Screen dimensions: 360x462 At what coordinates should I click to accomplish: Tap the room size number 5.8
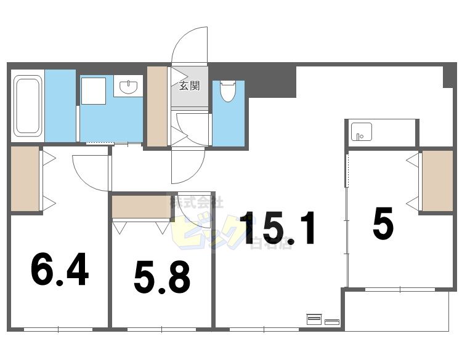pyautogui.click(x=162, y=278)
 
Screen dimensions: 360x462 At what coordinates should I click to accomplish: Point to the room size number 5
pyautogui.click(x=383, y=225)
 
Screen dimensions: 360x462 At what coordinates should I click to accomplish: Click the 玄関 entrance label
pyautogui.click(x=189, y=86)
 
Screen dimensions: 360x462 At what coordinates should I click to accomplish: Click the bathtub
pyautogui.click(x=28, y=105)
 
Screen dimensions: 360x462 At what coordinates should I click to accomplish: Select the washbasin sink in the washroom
pyautogui.click(x=129, y=87)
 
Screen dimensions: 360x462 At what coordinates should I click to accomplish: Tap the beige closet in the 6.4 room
pyautogui.click(x=25, y=179)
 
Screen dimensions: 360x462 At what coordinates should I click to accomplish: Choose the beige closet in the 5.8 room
pyautogui.click(x=141, y=207)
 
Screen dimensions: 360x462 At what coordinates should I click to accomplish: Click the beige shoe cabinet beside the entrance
pyautogui.click(x=158, y=106)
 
